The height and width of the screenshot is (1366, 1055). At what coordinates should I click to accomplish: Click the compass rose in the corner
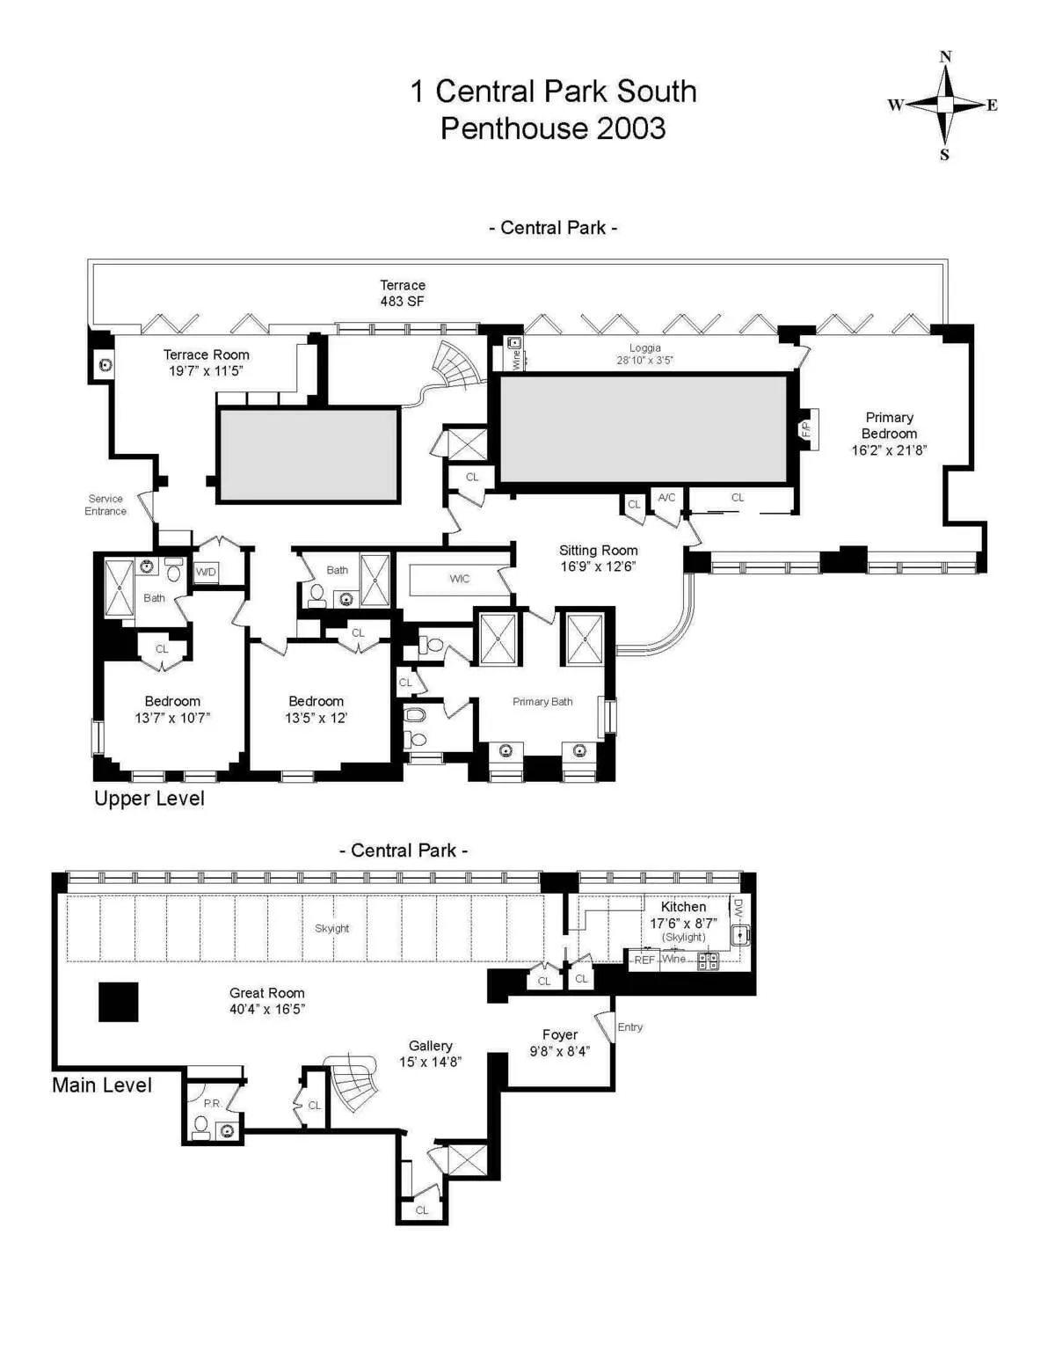(x=945, y=106)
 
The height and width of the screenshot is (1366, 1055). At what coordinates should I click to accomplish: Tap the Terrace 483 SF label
(x=403, y=293)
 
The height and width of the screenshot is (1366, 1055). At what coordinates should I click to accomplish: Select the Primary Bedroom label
(x=889, y=434)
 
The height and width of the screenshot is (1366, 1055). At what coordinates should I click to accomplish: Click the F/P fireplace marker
(x=806, y=429)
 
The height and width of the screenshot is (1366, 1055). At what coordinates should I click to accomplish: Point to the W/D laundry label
(x=206, y=572)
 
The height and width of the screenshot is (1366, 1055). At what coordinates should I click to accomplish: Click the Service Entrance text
(x=105, y=505)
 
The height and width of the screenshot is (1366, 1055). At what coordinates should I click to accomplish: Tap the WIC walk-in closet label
(x=459, y=579)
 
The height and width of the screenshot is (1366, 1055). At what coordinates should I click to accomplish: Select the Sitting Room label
(x=598, y=559)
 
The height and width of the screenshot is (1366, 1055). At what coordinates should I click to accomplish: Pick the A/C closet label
(x=666, y=498)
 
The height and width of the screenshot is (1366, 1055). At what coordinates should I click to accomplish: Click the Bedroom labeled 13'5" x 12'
(x=316, y=709)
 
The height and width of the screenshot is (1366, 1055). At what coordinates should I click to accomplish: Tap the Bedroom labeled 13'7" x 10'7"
(x=172, y=709)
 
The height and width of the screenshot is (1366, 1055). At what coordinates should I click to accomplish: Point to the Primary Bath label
(x=542, y=702)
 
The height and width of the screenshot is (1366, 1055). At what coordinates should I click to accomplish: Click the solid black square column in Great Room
(x=118, y=1002)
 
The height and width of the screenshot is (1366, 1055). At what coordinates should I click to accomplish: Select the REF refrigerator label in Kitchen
(x=644, y=960)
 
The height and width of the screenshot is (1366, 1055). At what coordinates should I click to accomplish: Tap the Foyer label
(x=559, y=1042)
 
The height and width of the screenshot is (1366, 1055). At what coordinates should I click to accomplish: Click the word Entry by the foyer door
(x=630, y=1027)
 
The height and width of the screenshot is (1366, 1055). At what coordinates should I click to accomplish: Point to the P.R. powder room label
(x=212, y=1103)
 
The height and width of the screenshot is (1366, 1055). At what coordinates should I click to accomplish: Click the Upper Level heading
(x=149, y=799)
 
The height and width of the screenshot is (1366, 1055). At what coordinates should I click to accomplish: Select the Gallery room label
(x=430, y=1053)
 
